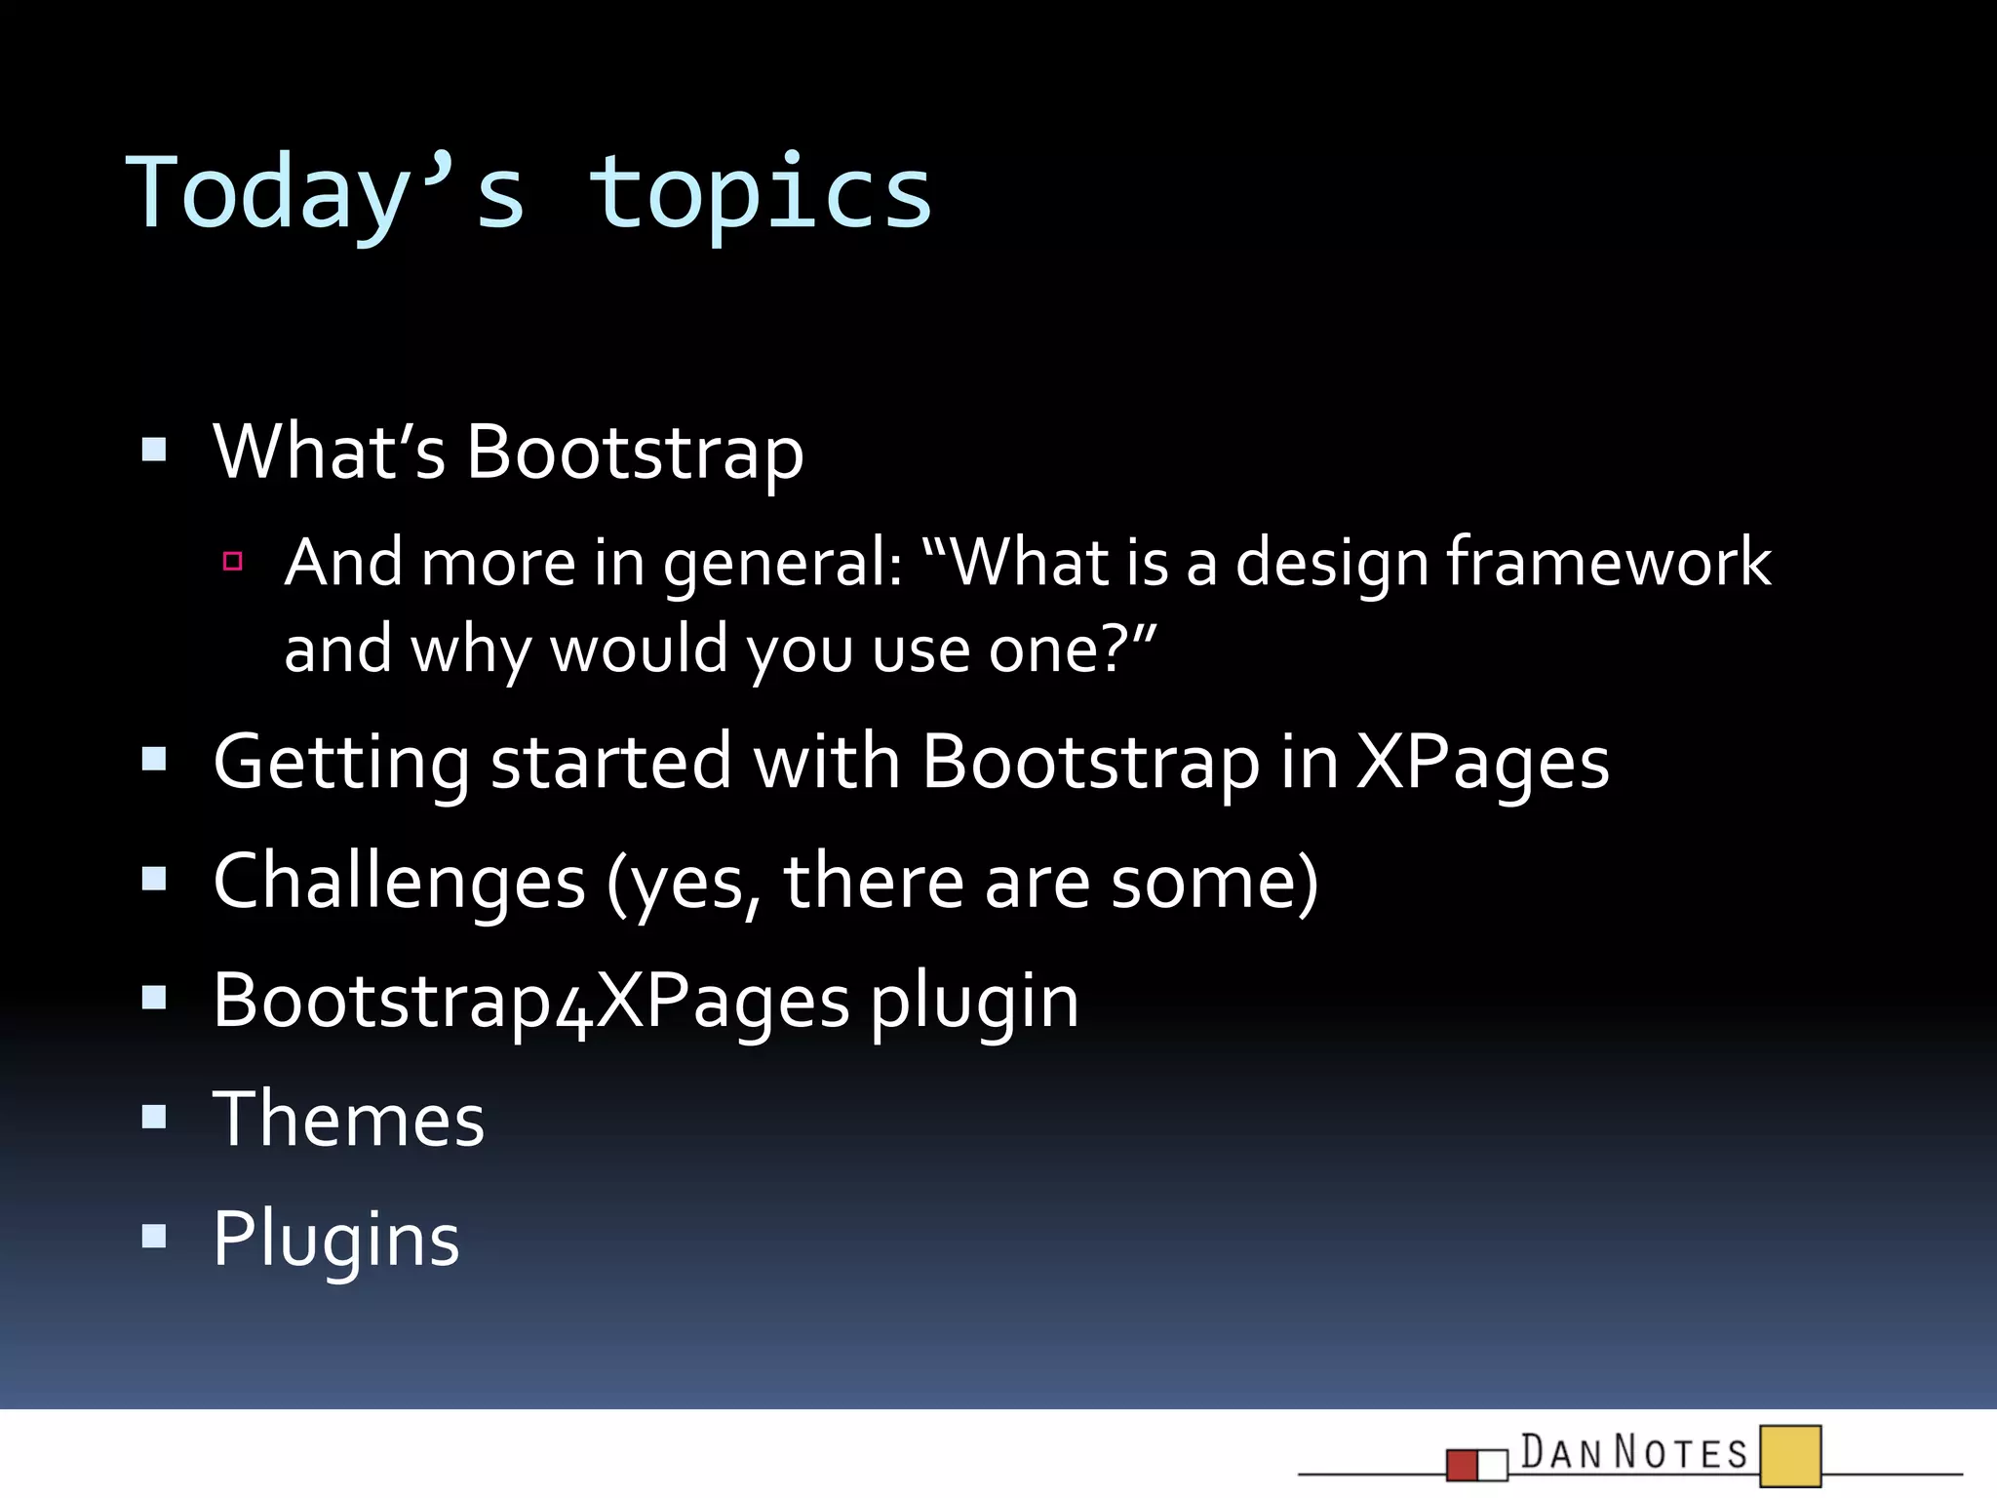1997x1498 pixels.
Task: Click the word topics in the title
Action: click(x=761, y=195)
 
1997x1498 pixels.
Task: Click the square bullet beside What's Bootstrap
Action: click(x=154, y=450)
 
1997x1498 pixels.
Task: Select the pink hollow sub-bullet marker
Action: click(x=232, y=561)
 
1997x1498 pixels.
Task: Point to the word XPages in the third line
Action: click(x=1482, y=763)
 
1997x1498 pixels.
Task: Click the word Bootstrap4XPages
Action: click(x=531, y=1003)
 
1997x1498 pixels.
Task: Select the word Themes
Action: click(x=349, y=1120)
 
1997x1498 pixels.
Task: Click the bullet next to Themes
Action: click(x=154, y=1116)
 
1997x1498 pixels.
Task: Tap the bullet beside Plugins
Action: click(x=154, y=1237)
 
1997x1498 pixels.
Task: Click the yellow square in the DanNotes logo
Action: click(x=1790, y=1456)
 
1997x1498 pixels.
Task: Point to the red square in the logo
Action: click(x=1463, y=1465)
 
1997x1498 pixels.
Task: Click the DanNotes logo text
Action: click(x=1634, y=1452)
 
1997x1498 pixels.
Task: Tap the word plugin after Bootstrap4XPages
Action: click(x=975, y=1003)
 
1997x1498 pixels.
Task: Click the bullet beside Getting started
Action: click(x=154, y=759)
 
